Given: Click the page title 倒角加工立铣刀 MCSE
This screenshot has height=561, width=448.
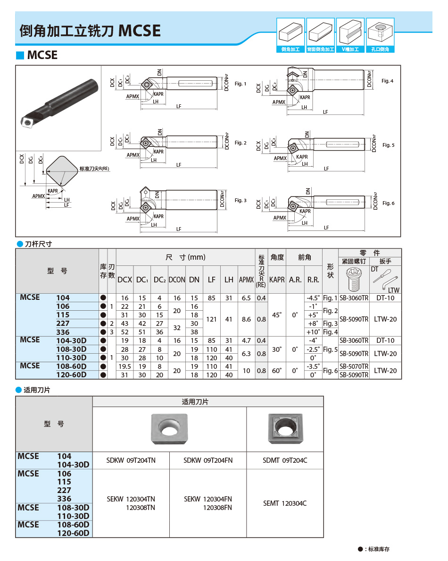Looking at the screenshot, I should pos(90,31).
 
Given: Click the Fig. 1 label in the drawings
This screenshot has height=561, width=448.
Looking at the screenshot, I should pos(240,84).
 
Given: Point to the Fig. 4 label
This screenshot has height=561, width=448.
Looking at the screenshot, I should pos(387,81).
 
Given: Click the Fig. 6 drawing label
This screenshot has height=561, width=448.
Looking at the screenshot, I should pos(388,203).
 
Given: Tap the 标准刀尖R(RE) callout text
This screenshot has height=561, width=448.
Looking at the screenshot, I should pos(94,169).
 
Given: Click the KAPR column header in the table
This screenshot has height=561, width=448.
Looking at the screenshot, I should pos(277,280).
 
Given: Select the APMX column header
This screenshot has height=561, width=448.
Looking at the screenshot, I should pos(246,280).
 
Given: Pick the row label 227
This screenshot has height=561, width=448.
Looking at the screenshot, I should pos(63,323).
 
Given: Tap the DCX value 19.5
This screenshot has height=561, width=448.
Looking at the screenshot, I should pos(124,366).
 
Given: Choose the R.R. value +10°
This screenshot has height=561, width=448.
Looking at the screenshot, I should pos(313,331).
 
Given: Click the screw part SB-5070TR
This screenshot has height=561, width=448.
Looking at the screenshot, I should pos(354,366).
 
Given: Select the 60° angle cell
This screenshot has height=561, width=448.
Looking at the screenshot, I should pos(277,370).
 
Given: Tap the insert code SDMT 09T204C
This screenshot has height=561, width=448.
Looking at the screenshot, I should pos(285,460).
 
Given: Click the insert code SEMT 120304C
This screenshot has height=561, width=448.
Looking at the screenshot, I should pos(285,503).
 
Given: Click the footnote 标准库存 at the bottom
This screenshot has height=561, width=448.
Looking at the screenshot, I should pos(378,549).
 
